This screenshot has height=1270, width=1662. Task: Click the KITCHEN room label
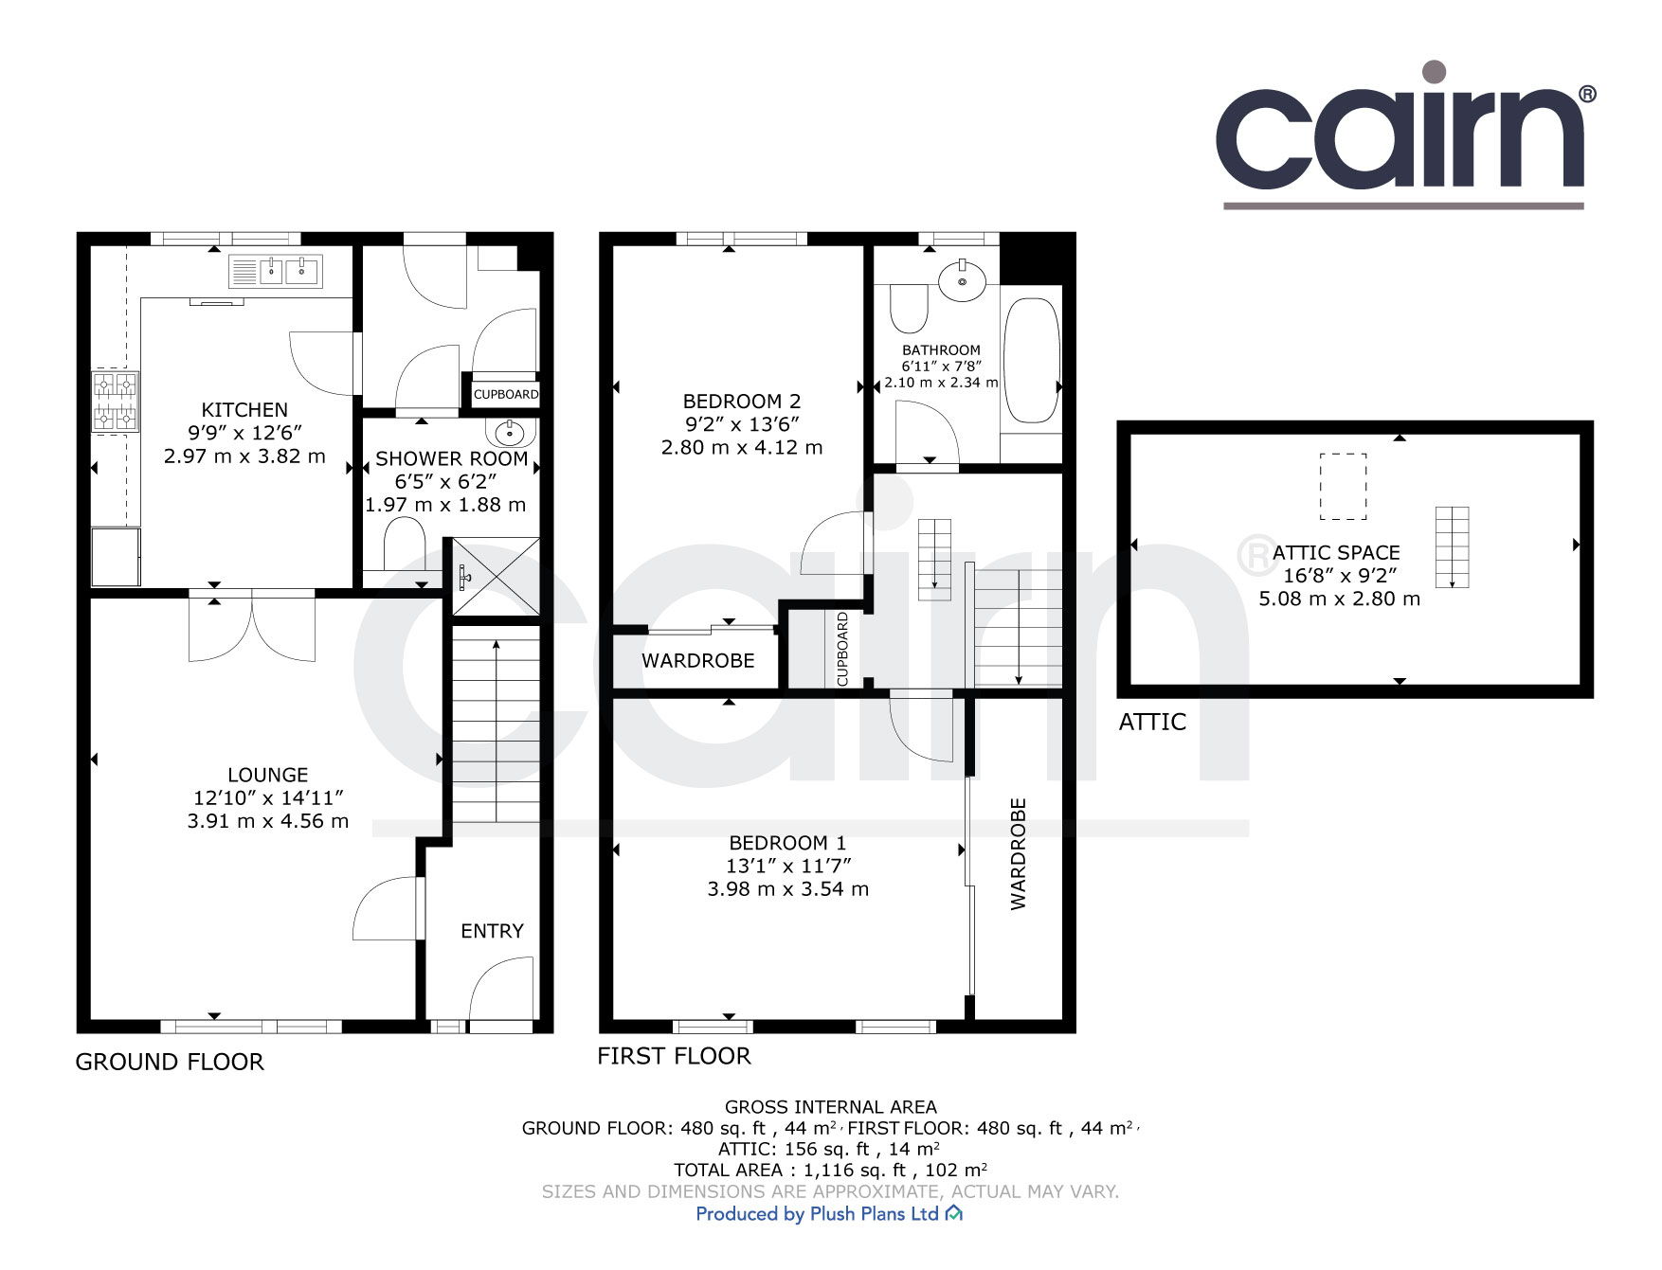click(244, 410)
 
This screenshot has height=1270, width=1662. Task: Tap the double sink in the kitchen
click(276, 273)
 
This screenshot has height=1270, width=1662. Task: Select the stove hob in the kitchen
click(116, 401)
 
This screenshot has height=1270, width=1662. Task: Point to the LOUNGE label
click(267, 775)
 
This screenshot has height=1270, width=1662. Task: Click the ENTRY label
click(492, 931)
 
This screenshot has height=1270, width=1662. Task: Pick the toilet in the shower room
click(405, 542)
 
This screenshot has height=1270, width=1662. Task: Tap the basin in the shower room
click(510, 434)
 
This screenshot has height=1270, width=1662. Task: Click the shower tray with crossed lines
click(493, 577)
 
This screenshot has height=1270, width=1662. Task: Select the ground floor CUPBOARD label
click(506, 394)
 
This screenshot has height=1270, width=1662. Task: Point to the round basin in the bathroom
click(962, 280)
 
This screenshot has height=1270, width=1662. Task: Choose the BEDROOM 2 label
click(742, 402)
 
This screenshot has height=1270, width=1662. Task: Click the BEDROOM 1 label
click(787, 843)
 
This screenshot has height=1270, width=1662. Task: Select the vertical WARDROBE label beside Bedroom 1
click(1019, 853)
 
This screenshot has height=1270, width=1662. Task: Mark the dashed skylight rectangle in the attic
click(1344, 486)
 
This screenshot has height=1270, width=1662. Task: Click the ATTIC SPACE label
click(1336, 553)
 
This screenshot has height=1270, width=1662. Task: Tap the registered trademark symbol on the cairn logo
click(1587, 94)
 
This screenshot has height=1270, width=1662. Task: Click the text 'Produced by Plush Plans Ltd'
click(817, 1214)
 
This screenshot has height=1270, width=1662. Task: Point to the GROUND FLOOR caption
click(170, 1062)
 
